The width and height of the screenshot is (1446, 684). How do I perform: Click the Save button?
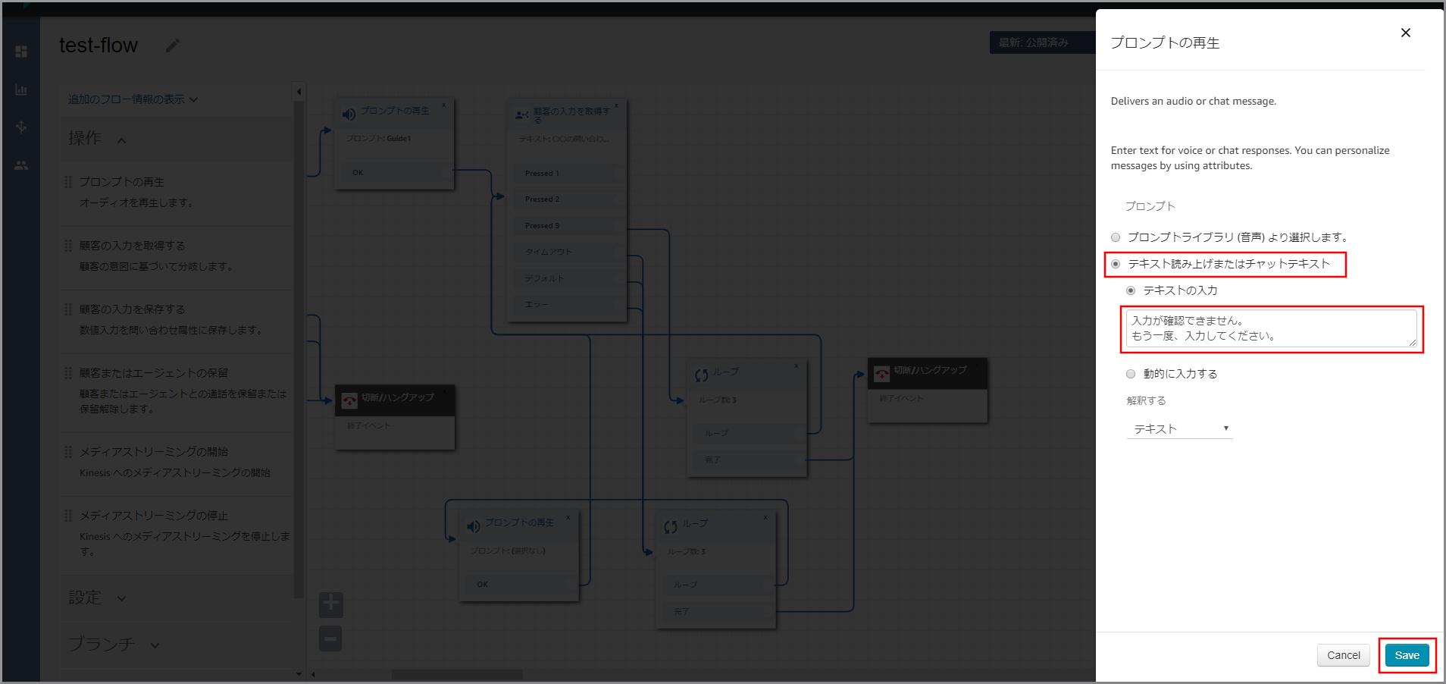pos(1407,655)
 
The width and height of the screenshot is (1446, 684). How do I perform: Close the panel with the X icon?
pos(1406,33)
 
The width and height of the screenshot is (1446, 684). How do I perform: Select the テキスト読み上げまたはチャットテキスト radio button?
pos(1116,264)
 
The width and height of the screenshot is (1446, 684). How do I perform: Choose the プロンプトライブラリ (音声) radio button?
pos(1116,237)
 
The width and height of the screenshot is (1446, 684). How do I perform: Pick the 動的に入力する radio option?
pos(1131,374)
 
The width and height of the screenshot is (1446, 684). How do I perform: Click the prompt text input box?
pos(1270,328)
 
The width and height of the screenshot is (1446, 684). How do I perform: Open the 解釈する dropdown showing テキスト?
pos(1179,429)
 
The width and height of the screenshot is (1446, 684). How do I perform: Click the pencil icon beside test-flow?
pos(173,45)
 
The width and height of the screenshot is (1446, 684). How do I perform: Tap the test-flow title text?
pos(99,45)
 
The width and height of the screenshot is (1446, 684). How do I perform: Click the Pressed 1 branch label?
pos(542,174)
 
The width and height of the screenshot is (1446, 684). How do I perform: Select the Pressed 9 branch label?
pos(542,226)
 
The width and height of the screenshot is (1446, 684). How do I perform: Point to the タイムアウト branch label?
pos(549,252)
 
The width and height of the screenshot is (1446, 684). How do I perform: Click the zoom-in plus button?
pos(331,604)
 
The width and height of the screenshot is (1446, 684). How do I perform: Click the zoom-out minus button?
pos(331,639)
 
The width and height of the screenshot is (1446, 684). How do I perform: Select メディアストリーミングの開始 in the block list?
pos(154,452)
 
